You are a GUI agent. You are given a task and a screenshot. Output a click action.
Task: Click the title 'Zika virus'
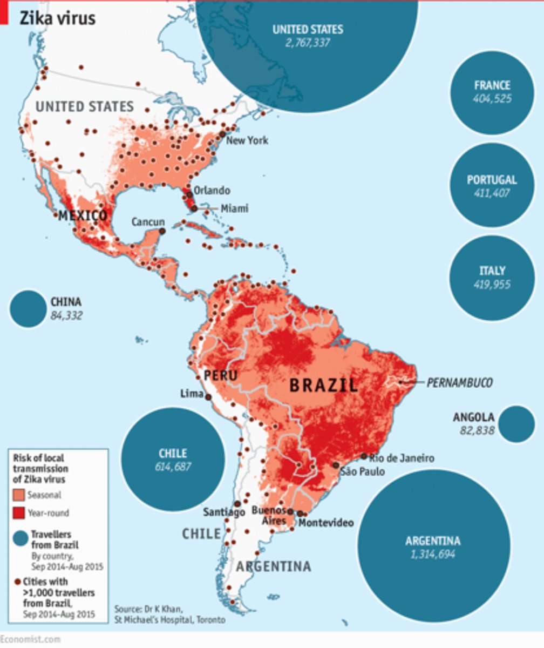[x=58, y=18]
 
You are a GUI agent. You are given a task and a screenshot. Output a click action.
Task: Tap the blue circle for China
[x=28, y=308]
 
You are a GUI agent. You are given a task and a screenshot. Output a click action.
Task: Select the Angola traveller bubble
[x=517, y=424]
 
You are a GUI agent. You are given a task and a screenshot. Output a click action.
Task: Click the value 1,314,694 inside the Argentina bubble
[x=433, y=554]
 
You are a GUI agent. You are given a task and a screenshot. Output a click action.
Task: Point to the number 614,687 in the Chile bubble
[x=173, y=467]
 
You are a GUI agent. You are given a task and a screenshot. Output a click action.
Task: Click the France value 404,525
[x=492, y=99]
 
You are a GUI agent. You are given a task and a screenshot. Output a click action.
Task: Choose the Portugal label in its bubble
[x=492, y=180]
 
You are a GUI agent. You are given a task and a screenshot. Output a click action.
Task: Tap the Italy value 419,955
[x=492, y=285]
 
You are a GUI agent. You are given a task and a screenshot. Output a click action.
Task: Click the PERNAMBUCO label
[x=459, y=383]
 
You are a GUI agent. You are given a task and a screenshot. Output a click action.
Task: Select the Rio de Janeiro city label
[x=402, y=458]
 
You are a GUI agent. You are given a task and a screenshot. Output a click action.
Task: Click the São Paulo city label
[x=362, y=471]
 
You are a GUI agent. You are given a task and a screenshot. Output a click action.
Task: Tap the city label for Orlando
[x=212, y=191]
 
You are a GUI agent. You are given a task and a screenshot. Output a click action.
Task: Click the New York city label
[x=247, y=140]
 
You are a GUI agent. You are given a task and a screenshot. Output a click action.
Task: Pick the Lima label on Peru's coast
[x=191, y=395]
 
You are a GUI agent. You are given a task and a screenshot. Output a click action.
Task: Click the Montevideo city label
[x=326, y=522]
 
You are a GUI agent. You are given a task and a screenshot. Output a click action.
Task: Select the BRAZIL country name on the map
[x=323, y=385]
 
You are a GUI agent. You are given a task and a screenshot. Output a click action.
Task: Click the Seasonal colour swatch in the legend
[x=19, y=495]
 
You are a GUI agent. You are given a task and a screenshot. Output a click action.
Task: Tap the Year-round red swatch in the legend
[x=19, y=513]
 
